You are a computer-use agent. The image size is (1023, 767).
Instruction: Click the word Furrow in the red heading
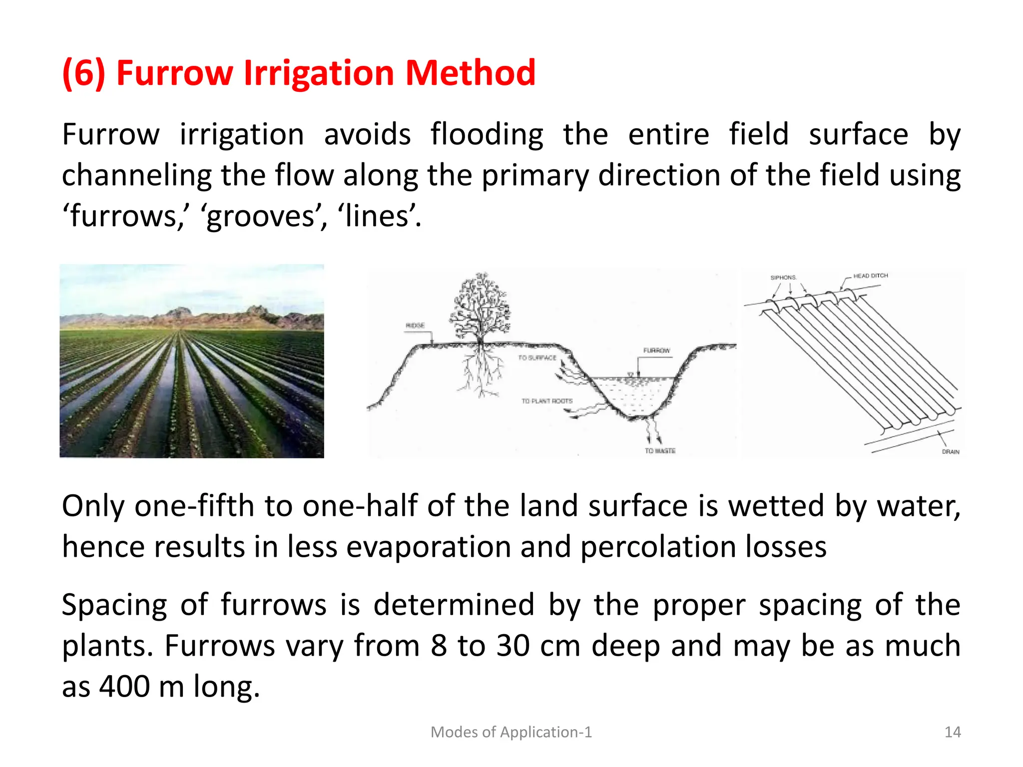[x=174, y=73]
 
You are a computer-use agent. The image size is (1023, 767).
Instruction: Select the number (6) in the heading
[x=83, y=73]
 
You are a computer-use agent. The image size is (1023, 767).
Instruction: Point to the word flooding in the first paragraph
[x=487, y=135]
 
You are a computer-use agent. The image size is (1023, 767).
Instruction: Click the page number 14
[x=953, y=732]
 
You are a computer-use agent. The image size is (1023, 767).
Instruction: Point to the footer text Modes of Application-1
[x=511, y=732]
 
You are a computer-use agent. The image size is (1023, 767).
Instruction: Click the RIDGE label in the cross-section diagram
[x=415, y=326]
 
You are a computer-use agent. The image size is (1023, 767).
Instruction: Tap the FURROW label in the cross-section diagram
[x=656, y=351]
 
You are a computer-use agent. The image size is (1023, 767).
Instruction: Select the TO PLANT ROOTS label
[x=547, y=401]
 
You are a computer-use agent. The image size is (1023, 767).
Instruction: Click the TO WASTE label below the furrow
[x=660, y=451]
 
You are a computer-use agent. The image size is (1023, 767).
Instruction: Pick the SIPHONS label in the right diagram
[x=783, y=278]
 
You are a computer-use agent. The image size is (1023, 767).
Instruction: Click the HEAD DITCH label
[x=871, y=276]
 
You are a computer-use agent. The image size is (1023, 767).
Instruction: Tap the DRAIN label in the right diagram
[x=951, y=452]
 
